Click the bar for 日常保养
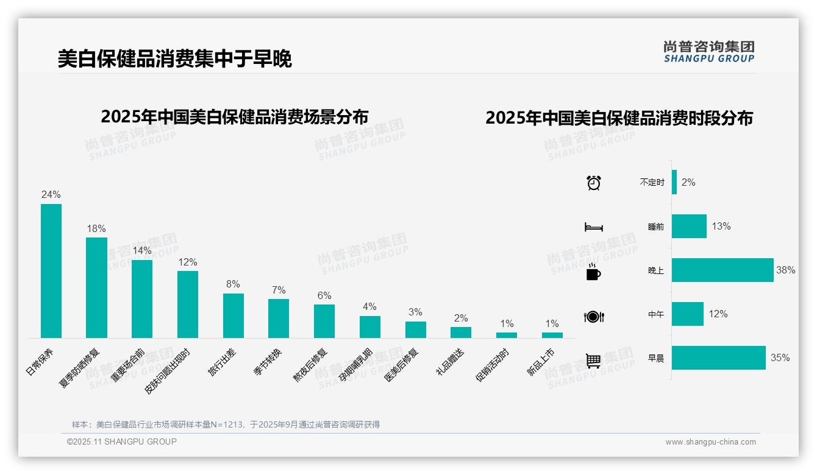(51, 271)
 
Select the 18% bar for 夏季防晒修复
(96, 287)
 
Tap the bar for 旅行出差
(234, 315)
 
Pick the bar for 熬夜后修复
(324, 321)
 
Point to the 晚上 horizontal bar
(722, 270)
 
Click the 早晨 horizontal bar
(718, 358)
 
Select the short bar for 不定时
(674, 182)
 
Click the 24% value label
(51, 195)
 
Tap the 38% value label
(786, 270)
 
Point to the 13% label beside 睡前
(721, 227)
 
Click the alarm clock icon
(594, 183)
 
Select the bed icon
(594, 227)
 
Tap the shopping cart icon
(593, 361)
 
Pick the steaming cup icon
(593, 272)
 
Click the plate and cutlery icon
(594, 317)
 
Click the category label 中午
(656, 315)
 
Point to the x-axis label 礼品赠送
(450, 362)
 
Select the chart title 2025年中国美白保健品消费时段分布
(619, 118)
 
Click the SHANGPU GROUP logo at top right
(709, 52)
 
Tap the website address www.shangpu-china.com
(710, 442)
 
